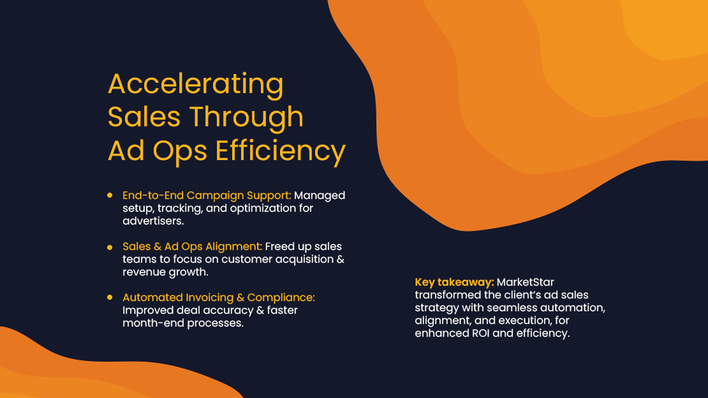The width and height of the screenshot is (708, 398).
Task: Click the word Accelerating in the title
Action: [x=195, y=84]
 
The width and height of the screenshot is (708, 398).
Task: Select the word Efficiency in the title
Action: [x=281, y=151]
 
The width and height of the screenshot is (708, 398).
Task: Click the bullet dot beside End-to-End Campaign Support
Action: [x=110, y=195]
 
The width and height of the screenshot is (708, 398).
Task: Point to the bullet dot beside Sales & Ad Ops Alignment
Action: [x=110, y=246]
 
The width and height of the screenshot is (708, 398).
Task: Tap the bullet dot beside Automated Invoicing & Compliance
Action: [x=110, y=297]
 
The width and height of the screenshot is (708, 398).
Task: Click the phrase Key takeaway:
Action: [x=454, y=282]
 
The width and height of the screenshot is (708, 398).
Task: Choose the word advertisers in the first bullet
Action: [x=152, y=221]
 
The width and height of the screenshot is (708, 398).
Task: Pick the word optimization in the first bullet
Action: [x=254, y=208]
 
